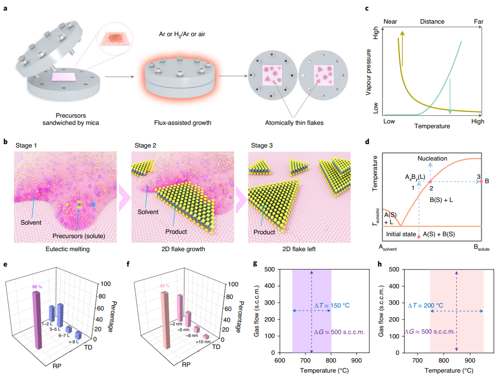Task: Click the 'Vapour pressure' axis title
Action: click(x=368, y=71)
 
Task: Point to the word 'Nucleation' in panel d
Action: click(x=433, y=158)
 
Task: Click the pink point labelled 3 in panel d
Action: click(x=482, y=181)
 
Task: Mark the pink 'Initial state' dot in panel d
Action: click(x=419, y=237)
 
